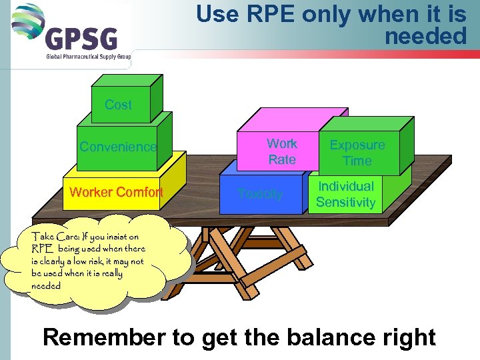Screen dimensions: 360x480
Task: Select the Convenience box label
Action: click(x=118, y=147)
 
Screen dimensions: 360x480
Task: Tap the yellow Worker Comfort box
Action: click(x=116, y=193)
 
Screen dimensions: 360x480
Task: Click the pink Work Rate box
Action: click(x=281, y=151)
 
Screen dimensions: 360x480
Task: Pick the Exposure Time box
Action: click(x=357, y=153)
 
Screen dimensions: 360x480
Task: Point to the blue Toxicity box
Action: click(x=260, y=195)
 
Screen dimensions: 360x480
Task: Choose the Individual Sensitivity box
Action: click(x=345, y=194)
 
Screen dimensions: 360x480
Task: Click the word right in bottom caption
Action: click(x=407, y=337)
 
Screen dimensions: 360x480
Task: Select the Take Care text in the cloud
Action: click(x=53, y=236)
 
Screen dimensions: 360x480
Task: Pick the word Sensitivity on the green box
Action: click(x=345, y=202)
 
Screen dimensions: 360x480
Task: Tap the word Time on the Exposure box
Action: click(x=357, y=161)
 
